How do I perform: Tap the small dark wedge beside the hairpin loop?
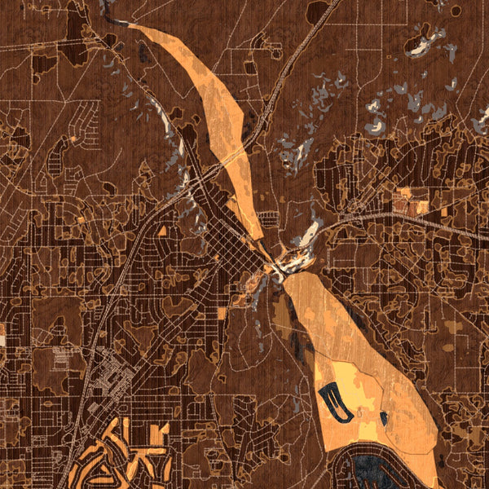tap(383, 419)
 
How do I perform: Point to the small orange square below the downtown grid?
tap(222, 314)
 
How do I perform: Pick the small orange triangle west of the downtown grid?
tap(162, 231)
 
